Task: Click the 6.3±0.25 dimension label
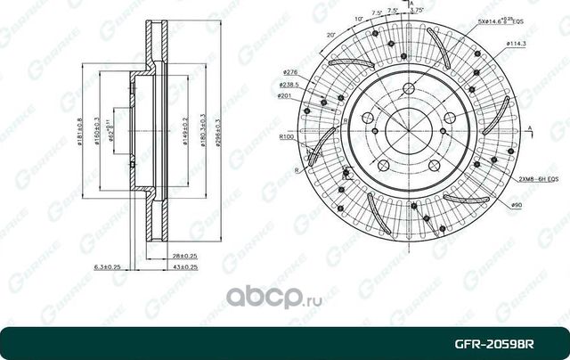pyautogui.click(x=106, y=266)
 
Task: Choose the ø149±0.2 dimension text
pyautogui.click(x=183, y=135)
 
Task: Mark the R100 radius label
pyautogui.click(x=286, y=137)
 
